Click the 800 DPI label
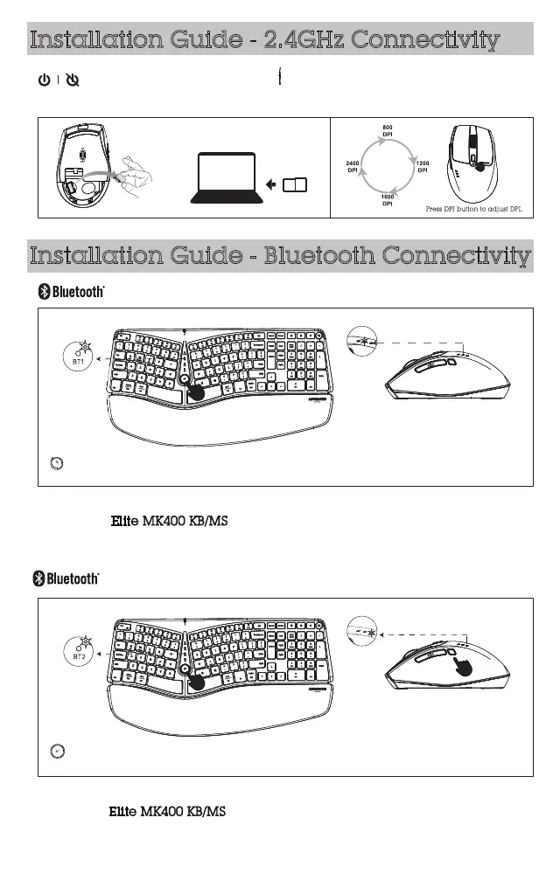pos(387,132)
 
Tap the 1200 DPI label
pos(422,166)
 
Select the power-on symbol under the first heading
pos(42,80)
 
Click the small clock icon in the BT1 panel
pos(55,462)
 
